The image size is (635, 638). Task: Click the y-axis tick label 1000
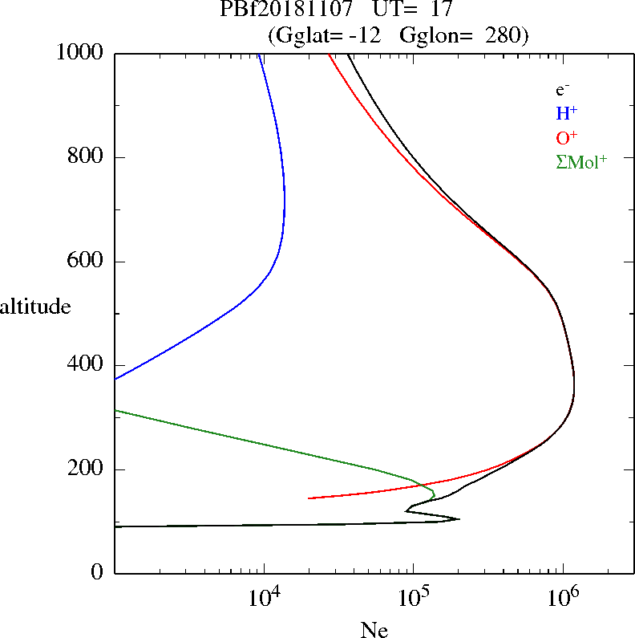(80, 53)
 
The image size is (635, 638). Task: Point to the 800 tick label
(87, 157)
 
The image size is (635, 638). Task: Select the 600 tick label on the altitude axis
(87, 262)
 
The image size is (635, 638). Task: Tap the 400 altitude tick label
(87, 365)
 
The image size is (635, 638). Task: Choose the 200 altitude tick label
(87, 469)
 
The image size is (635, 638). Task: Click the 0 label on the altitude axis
(99, 573)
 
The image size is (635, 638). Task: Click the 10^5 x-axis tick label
(413, 595)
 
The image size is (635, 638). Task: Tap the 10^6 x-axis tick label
(562, 595)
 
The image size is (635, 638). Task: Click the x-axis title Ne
(374, 630)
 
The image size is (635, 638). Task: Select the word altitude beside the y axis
(36, 306)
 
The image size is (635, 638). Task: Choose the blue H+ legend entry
(567, 113)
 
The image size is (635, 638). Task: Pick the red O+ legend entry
(567, 137)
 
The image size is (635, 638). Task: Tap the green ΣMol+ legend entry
(581, 161)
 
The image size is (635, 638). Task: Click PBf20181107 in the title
(285, 10)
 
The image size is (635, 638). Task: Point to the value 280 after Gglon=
(504, 35)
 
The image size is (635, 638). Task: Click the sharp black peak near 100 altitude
(458, 518)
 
